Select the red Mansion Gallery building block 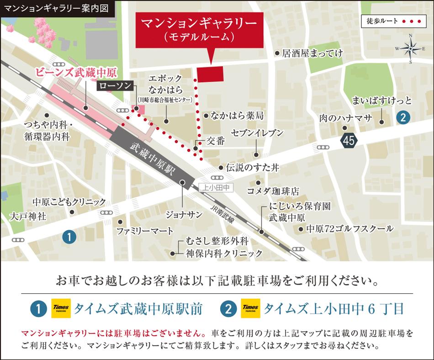tap(210, 74)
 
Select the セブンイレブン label tap(257, 133)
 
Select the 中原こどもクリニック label tap(69, 201)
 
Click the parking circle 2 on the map tap(402, 117)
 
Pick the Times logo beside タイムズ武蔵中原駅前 tap(61, 308)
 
